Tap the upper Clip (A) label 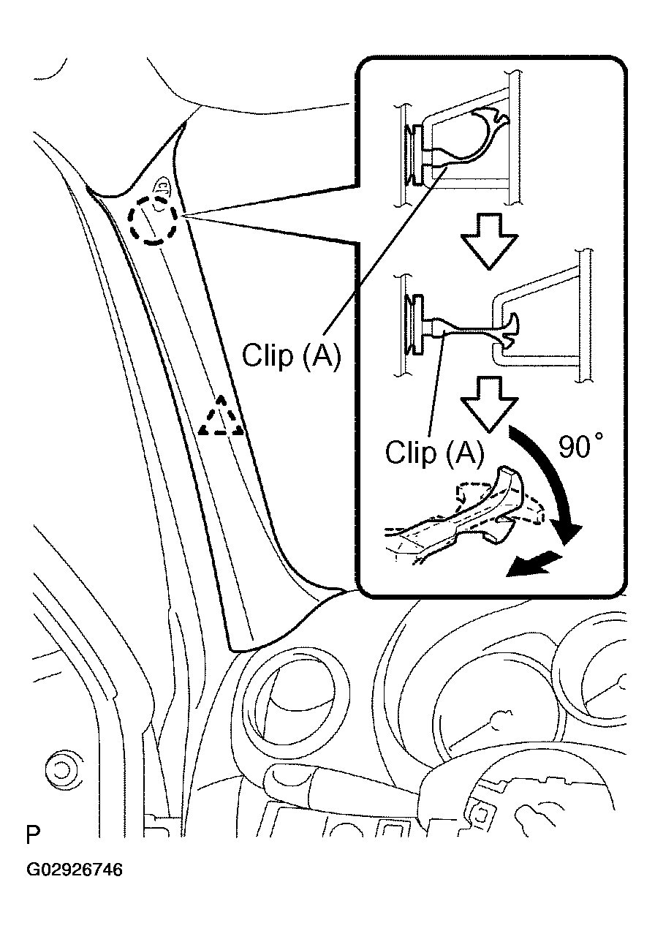point(291,356)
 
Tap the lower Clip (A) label point(434,453)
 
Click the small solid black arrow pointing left point(534,564)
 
